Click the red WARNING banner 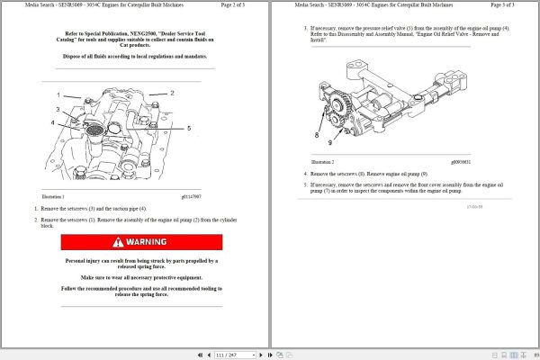141,242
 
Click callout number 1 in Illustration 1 58,94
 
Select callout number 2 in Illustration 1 172,93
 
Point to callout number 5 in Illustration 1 188,129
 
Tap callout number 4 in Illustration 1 54,122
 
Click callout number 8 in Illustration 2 316,134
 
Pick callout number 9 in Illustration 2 329,142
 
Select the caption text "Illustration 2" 321,162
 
